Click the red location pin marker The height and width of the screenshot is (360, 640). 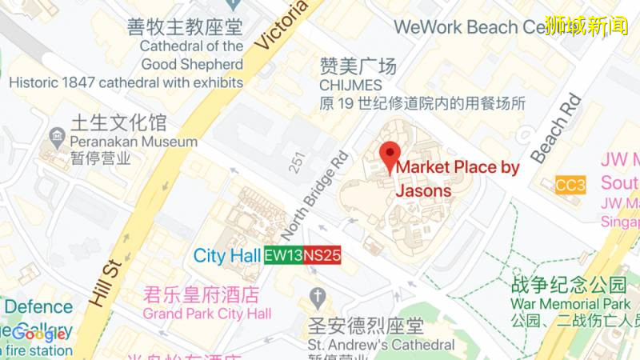click(x=390, y=154)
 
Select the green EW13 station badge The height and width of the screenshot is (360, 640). click(x=283, y=255)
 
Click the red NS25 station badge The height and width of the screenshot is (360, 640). click(x=322, y=255)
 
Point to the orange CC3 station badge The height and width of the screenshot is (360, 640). click(x=570, y=186)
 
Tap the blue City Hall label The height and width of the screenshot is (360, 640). click(x=227, y=256)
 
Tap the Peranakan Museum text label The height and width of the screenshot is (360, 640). click(x=134, y=142)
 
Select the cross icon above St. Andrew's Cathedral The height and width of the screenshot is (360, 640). click(x=318, y=297)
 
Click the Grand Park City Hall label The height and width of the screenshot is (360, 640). click(x=207, y=313)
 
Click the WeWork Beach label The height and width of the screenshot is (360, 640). click(x=468, y=27)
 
